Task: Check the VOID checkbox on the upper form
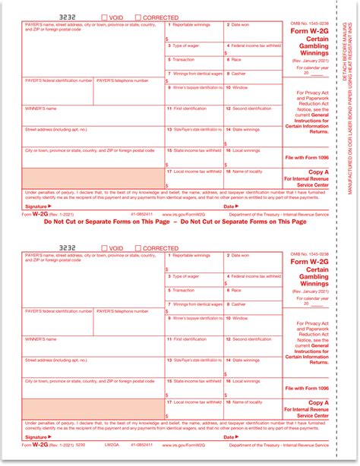point(105,17)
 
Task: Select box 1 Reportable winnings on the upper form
point(194,31)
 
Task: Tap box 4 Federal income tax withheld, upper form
point(252,51)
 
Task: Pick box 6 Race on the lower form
point(252,296)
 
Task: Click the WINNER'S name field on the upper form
point(91,115)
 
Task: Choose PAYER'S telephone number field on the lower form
point(129,316)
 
